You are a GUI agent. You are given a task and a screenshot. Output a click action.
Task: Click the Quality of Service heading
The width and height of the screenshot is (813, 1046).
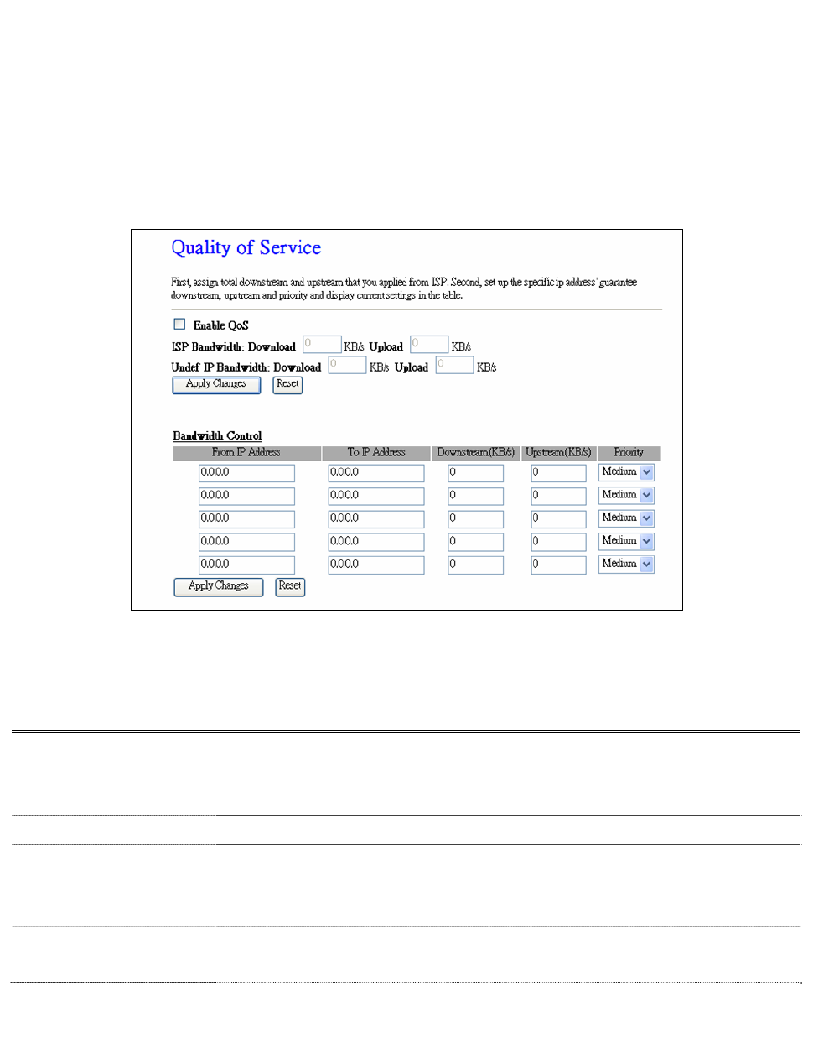(x=246, y=247)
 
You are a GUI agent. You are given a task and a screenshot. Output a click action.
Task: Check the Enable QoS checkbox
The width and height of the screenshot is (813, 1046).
(x=179, y=325)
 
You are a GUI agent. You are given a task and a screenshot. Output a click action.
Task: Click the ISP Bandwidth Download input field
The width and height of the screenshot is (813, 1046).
(x=322, y=345)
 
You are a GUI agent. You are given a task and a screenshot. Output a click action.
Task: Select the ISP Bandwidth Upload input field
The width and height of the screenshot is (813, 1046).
(x=429, y=345)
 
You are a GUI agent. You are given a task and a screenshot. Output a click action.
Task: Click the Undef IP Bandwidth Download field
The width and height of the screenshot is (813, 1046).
(x=347, y=365)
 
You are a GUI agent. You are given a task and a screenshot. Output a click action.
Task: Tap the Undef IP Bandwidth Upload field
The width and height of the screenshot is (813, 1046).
(x=454, y=365)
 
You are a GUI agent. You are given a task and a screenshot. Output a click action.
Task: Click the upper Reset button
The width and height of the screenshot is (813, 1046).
(x=287, y=384)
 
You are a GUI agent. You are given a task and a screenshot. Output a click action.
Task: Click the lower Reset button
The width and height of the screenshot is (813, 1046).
(x=290, y=586)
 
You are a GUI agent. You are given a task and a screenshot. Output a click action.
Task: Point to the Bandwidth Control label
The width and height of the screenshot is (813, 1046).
(x=217, y=436)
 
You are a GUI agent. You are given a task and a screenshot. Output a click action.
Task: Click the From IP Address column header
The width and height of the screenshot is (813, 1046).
(x=246, y=453)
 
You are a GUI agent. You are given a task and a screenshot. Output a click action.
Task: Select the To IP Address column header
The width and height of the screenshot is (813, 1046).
(x=375, y=453)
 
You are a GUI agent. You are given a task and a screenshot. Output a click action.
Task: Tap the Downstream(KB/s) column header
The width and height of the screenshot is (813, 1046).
(x=475, y=453)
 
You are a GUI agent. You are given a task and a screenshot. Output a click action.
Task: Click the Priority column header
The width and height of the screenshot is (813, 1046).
(x=629, y=453)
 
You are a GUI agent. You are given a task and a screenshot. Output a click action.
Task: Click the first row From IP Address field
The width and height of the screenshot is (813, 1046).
(x=246, y=473)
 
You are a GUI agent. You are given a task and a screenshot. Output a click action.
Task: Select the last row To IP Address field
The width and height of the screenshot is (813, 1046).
(x=375, y=565)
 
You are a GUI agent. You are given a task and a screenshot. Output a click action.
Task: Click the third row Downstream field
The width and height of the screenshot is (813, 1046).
(x=475, y=519)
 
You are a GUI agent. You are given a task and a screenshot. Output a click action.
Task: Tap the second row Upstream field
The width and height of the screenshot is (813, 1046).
(x=558, y=496)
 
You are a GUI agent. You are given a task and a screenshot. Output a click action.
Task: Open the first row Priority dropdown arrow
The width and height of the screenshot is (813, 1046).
(x=647, y=472)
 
